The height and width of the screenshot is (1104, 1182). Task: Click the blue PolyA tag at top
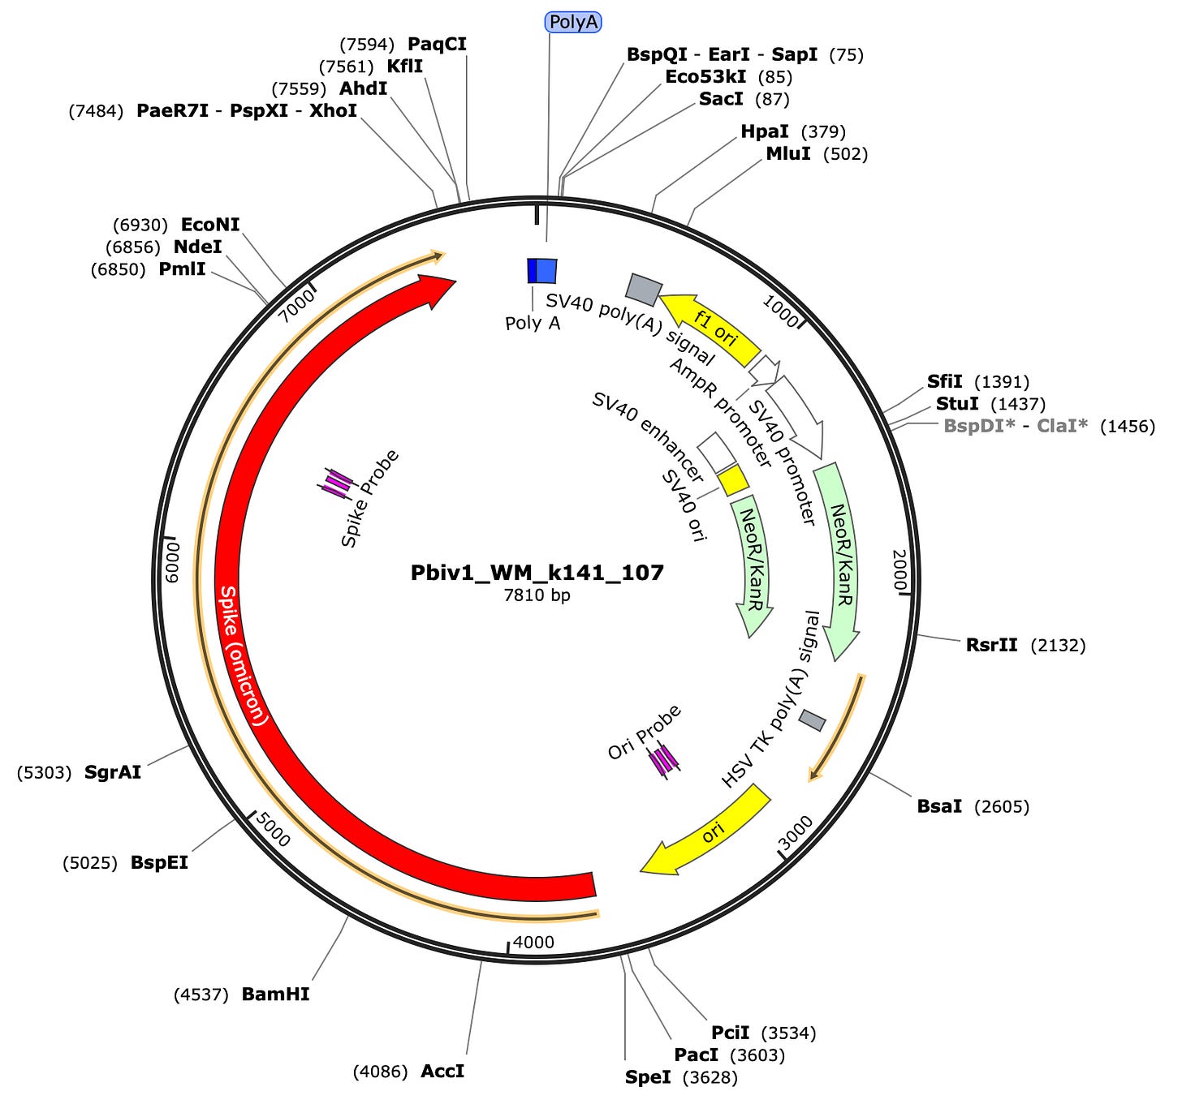pos(573,22)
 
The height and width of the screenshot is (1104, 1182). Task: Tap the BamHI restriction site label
pos(275,994)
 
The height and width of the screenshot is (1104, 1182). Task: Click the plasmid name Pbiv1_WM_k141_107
pos(537,573)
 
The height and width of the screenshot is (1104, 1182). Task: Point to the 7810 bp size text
pos(537,595)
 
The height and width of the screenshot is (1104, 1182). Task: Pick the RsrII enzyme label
pos(991,645)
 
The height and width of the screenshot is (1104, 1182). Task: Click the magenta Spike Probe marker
pos(335,483)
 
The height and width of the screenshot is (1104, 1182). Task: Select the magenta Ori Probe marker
pos(663,760)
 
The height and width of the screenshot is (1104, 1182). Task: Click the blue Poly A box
pos(542,271)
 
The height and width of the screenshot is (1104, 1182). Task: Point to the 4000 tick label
pos(534,942)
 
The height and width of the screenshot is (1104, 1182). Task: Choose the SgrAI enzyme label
pos(113,772)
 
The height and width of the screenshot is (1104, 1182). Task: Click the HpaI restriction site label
pos(765,131)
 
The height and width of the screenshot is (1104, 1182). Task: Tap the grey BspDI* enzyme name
pos(979,426)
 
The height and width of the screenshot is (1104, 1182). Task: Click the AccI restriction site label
pos(442,1072)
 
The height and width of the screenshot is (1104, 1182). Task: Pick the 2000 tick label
pos(900,569)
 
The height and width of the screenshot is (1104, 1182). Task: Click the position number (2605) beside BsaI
pos(1002,806)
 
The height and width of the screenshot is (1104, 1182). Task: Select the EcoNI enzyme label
pos(210,225)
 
